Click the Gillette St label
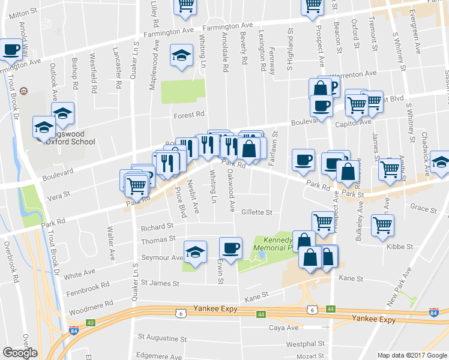(257, 212)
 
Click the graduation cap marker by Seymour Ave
(194, 251)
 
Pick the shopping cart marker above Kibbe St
(382, 226)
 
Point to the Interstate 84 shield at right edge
(434, 313)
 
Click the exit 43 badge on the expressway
(91, 323)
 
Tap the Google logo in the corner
(20, 353)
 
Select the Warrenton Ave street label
(355, 74)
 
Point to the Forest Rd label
(189, 115)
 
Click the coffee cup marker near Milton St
(11, 50)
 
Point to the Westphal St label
(305, 344)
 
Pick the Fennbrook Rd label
(88, 286)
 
